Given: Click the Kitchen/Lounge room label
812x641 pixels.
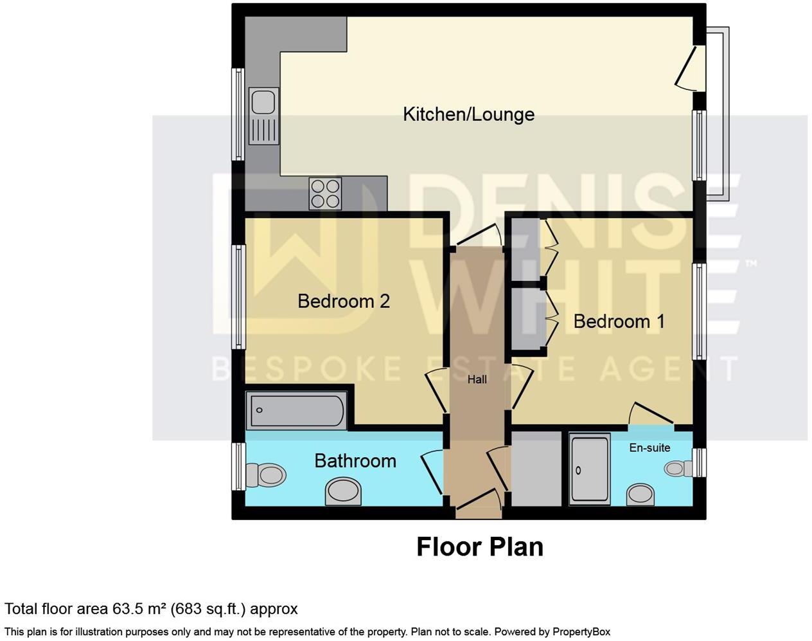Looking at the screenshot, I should [x=468, y=114].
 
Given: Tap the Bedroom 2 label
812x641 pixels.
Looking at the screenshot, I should [x=344, y=301].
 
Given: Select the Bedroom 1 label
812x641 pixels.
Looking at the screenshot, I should [x=619, y=321].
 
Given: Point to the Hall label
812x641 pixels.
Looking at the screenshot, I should [x=477, y=380].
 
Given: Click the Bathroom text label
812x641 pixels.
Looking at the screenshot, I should [x=355, y=461].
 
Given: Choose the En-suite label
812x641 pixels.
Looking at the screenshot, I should [x=649, y=447].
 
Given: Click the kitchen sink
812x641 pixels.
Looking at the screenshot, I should [x=264, y=102].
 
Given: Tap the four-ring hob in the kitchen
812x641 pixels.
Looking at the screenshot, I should [x=325, y=193].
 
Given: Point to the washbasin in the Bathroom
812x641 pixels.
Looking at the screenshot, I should [x=343, y=492].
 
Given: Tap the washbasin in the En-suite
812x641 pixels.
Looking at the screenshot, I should [x=640, y=494].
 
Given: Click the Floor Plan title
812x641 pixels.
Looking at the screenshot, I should [x=479, y=547].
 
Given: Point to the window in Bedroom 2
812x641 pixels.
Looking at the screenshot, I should [x=238, y=297].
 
